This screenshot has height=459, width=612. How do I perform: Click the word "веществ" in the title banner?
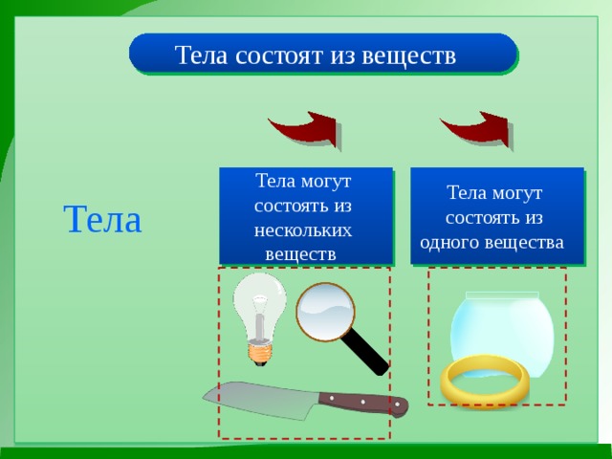click(x=408, y=55)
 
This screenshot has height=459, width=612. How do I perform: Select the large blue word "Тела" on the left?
click(x=102, y=219)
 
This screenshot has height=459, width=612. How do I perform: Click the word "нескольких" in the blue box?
click(x=303, y=230)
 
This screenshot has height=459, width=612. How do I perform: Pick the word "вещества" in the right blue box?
click(x=525, y=242)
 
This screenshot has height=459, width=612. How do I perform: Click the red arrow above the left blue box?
click(x=304, y=129)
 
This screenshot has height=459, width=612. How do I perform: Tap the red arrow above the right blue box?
click(x=476, y=129)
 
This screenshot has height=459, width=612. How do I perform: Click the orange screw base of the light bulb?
click(x=260, y=353)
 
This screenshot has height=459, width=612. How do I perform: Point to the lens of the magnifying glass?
click(x=325, y=312)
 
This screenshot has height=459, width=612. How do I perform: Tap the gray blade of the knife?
click(x=257, y=400)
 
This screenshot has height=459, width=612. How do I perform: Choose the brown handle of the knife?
click(x=363, y=403)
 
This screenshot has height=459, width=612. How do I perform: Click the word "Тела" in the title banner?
click(x=201, y=55)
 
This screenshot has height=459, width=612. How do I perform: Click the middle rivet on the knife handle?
click(x=362, y=402)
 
